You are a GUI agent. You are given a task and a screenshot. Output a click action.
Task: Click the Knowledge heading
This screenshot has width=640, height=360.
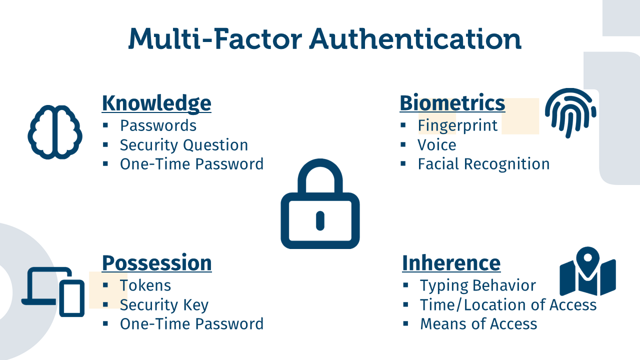coord(156,103)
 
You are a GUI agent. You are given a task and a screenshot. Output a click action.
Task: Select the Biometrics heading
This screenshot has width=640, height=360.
coord(452,103)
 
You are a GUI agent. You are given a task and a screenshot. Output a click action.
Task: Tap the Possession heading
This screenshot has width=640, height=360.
coord(157,263)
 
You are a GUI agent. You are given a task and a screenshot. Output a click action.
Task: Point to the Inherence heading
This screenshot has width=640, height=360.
coord(451,263)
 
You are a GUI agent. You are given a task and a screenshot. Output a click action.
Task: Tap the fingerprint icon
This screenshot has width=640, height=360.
coord(570,113)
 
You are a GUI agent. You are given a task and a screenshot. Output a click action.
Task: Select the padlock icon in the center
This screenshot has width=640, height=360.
coord(320,203)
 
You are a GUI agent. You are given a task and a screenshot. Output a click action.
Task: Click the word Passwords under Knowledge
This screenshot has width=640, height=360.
coord(158,125)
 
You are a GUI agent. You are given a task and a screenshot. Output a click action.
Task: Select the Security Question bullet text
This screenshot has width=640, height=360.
coord(184,145)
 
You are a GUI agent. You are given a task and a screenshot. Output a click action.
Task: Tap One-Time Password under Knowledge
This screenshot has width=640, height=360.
coord(191,164)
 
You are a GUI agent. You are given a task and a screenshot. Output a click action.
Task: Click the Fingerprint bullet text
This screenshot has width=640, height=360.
coord(457,125)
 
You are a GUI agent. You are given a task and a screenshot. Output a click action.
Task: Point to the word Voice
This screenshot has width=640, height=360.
coord(437,145)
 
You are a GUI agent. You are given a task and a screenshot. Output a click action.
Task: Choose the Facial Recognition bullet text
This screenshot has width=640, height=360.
coord(483,164)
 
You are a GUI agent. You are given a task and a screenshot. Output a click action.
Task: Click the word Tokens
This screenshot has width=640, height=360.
coord(145,285)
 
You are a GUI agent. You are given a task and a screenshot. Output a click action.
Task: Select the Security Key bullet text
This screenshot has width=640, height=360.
coord(164,305)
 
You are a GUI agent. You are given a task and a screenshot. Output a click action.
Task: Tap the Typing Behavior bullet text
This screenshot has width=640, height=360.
coord(478,285)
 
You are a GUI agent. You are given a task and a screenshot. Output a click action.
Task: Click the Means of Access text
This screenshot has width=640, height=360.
coord(479,324)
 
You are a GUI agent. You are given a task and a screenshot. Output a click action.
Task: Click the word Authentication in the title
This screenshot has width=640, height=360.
coord(415,39)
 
